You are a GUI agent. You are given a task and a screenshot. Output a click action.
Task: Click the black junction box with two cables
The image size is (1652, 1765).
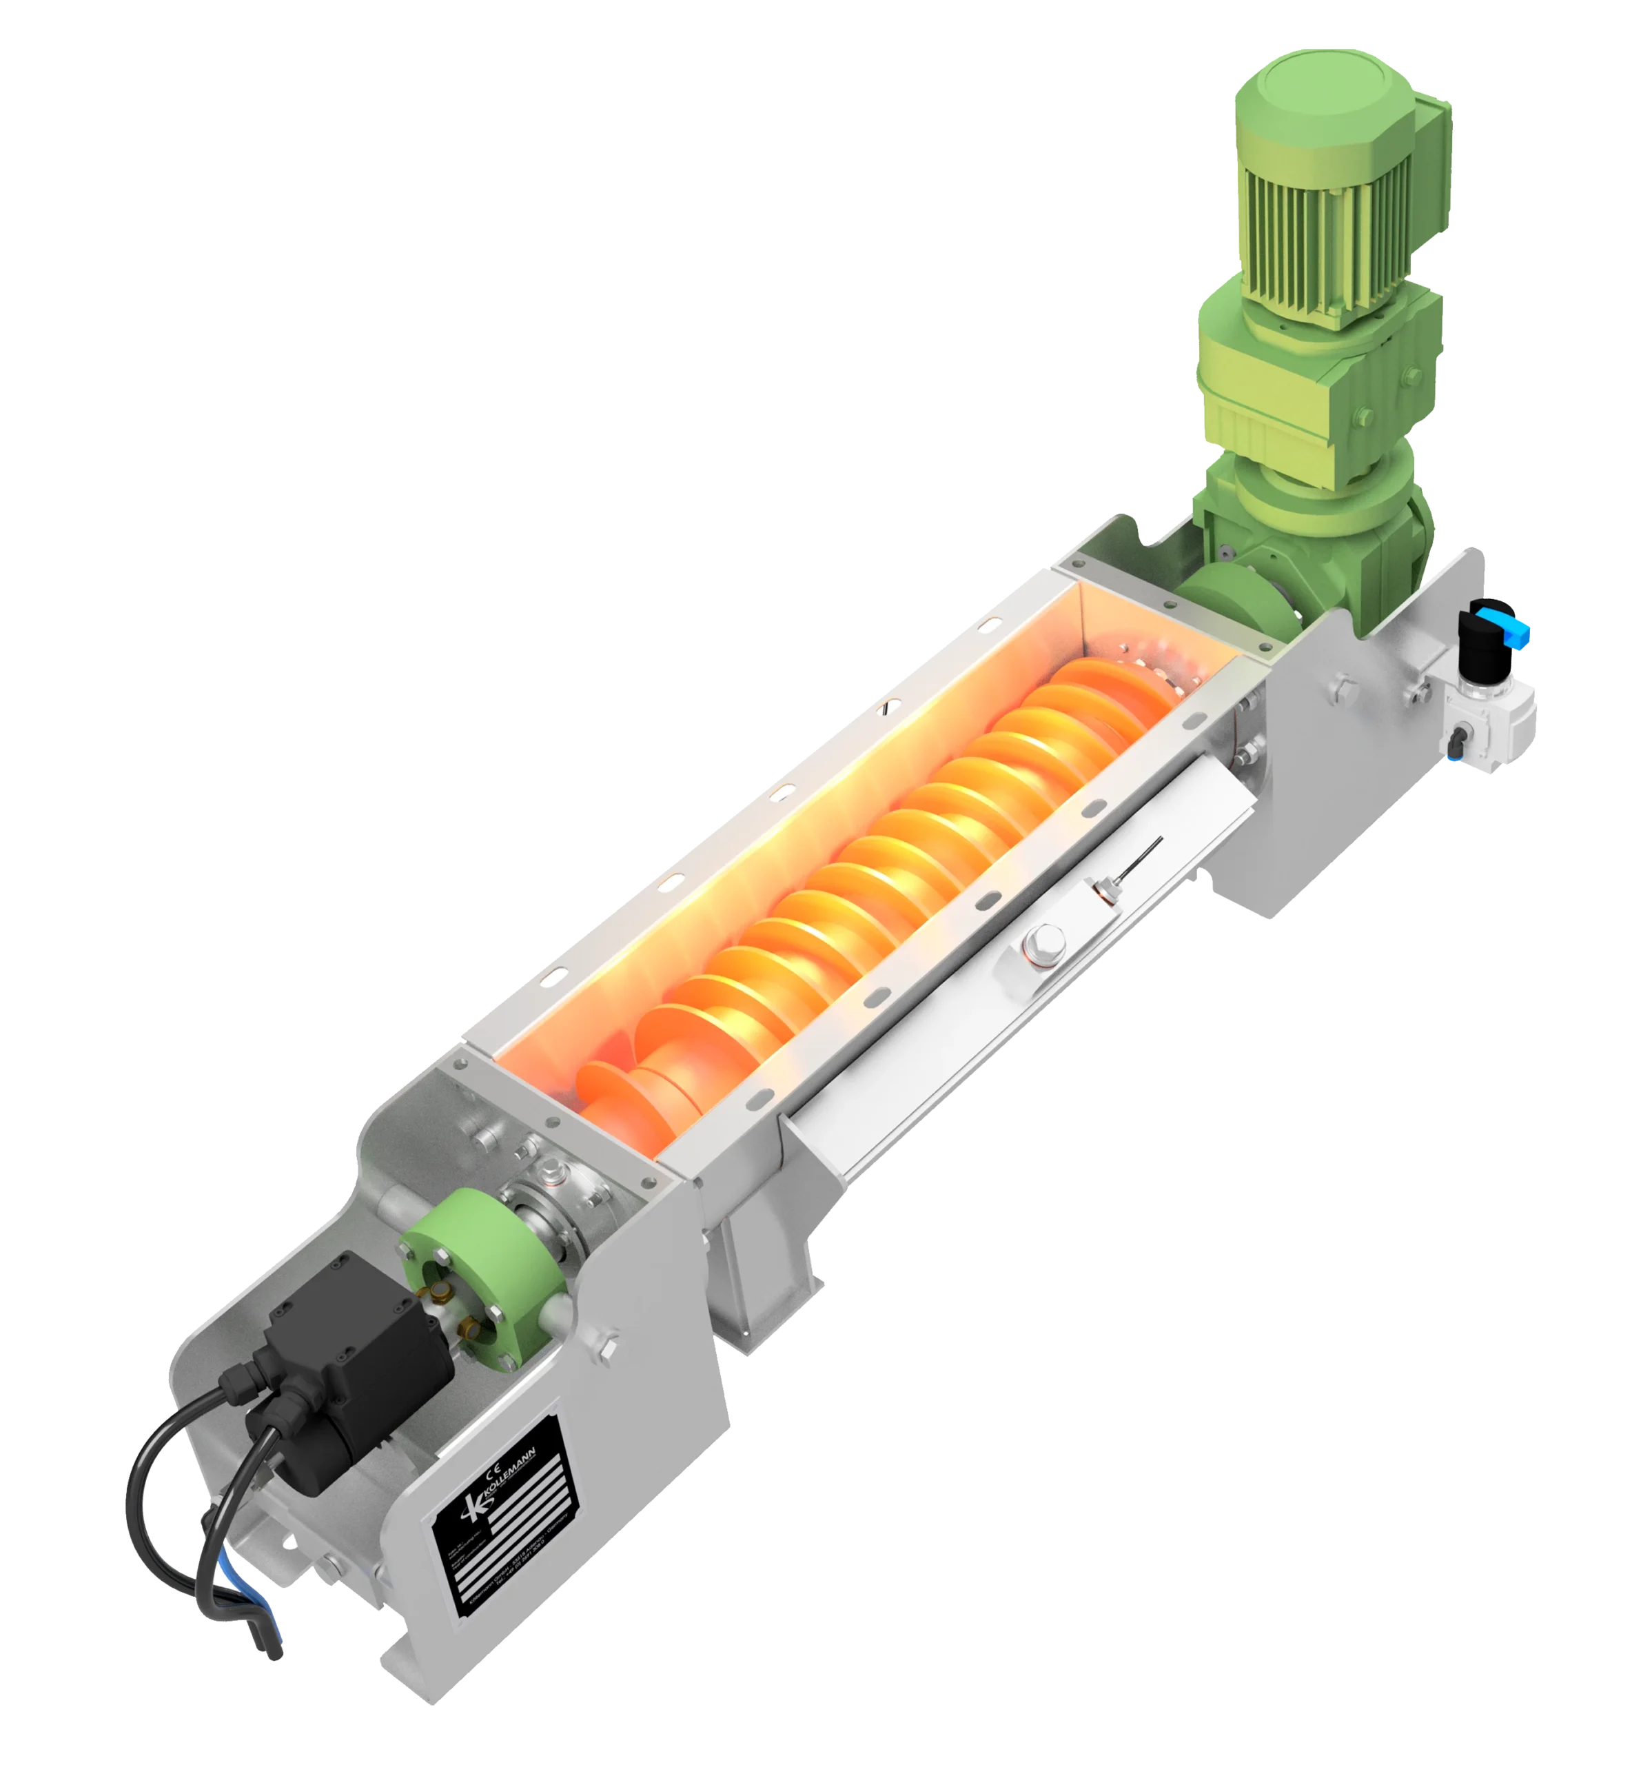click(x=355, y=1332)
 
